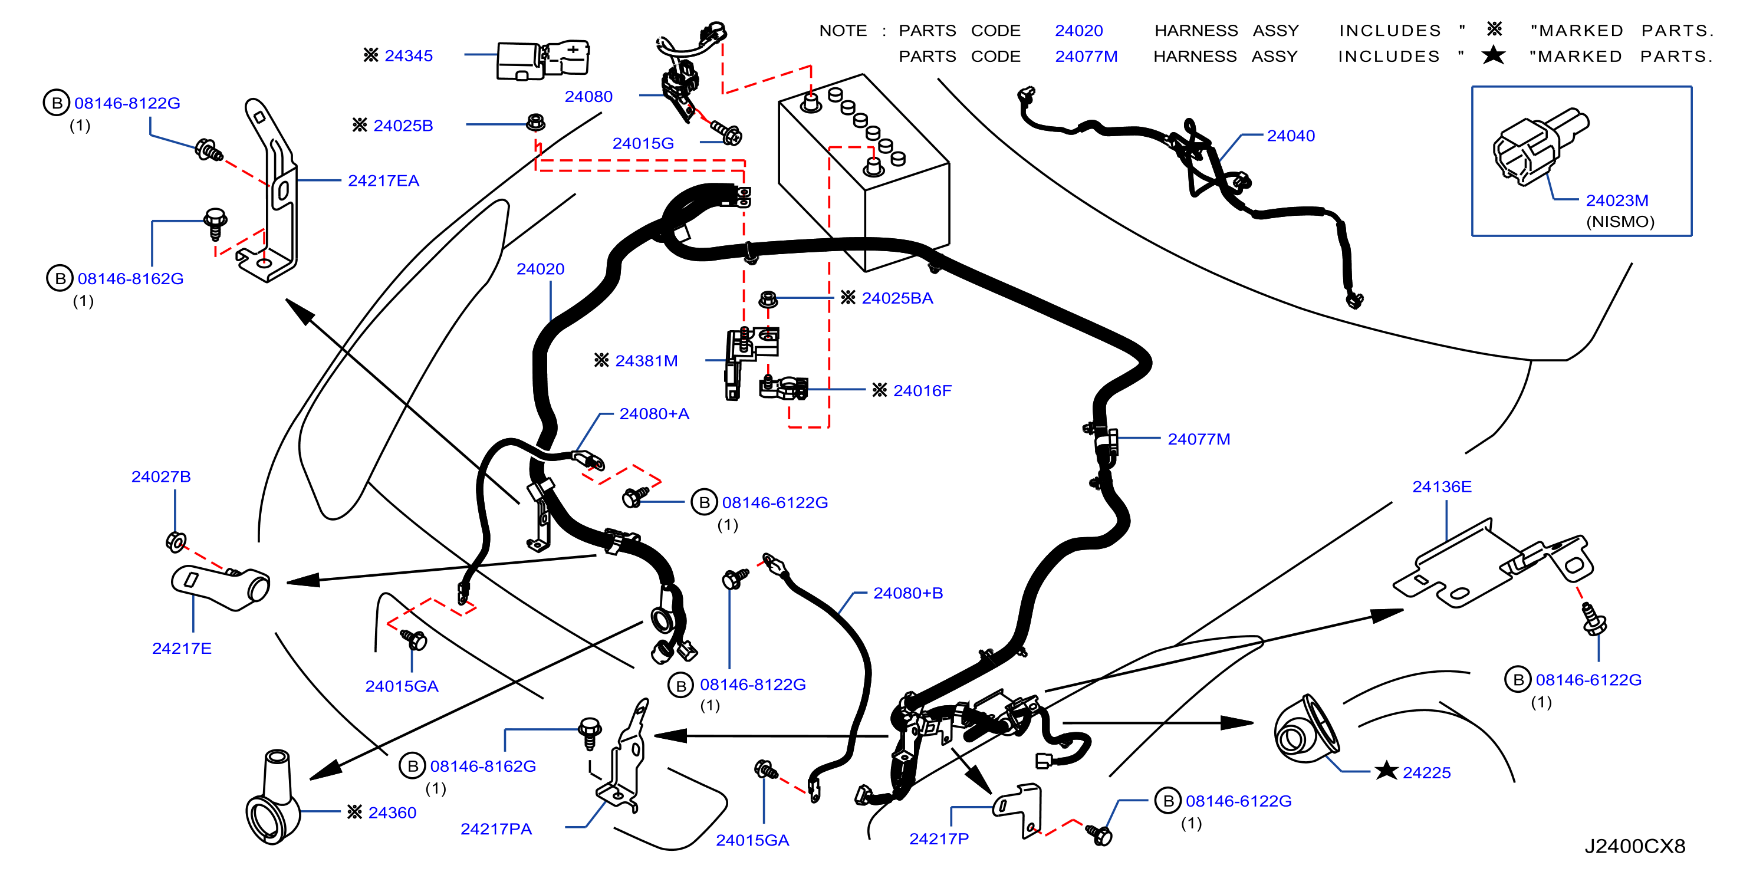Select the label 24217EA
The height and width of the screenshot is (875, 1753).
coord(383,181)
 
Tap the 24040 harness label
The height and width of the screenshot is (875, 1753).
coord(1290,136)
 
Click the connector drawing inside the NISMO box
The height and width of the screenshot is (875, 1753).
coord(1540,146)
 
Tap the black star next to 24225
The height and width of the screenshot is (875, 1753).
coord(1386,772)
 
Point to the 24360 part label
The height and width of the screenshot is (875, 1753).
coord(392,813)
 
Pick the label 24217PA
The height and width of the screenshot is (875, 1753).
coord(496,830)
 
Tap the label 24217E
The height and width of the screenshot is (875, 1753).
coord(182,649)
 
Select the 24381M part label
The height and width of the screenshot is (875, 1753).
coord(646,361)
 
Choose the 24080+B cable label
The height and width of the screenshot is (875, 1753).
coord(908,593)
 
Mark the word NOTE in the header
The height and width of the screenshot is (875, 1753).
coord(843,31)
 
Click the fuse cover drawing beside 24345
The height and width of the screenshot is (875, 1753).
coord(542,60)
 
